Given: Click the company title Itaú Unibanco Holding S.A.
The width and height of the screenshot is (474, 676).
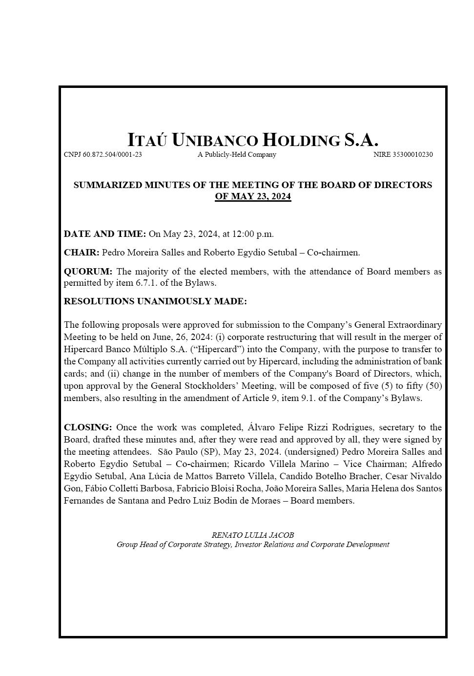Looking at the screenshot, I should (x=253, y=140).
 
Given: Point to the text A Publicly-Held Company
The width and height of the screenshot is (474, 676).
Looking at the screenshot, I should (x=237, y=155).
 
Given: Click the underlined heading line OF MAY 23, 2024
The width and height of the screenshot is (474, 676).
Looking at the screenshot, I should (x=253, y=197).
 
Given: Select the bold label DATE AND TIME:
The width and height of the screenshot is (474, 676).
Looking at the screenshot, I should (x=104, y=234).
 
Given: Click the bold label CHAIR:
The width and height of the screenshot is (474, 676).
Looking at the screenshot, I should (x=82, y=253).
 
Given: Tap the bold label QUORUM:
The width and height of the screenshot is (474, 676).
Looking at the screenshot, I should (x=88, y=272).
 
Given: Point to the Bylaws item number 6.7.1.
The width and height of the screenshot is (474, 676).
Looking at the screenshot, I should (x=148, y=283).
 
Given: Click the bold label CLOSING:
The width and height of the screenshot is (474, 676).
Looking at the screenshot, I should (x=88, y=427).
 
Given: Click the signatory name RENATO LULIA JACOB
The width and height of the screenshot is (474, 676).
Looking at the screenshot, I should (x=253, y=535).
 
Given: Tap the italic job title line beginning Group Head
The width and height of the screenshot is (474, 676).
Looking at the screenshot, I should (x=253, y=545).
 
